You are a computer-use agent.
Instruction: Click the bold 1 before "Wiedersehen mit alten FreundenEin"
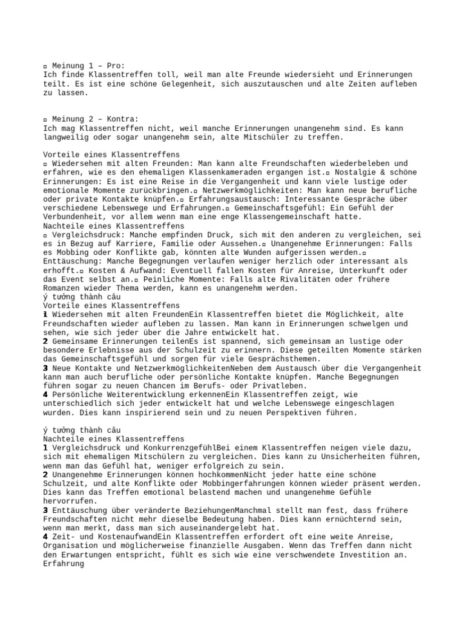46,315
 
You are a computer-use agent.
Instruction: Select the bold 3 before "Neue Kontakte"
46,368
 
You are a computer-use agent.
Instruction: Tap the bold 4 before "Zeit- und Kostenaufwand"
46,537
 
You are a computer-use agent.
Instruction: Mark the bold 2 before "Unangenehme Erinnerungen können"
46,475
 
